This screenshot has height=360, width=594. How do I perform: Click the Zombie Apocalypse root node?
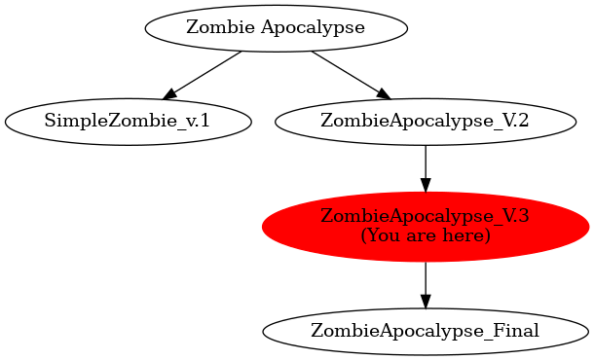tap(276, 27)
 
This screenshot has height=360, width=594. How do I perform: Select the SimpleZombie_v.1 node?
tap(128, 122)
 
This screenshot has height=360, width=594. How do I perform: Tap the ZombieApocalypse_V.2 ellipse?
tap(425, 122)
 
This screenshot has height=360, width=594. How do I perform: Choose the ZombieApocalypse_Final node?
tap(425, 331)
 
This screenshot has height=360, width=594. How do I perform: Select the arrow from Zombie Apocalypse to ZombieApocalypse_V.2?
tap(348, 73)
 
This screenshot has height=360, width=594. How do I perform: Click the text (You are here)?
tap(425, 235)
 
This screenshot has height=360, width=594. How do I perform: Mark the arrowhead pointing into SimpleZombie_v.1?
tap(169, 93)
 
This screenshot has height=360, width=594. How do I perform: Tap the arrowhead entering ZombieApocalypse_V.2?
tap(383, 93)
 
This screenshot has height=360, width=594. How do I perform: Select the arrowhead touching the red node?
tap(425, 184)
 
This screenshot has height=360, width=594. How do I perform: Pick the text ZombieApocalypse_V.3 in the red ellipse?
tap(425, 217)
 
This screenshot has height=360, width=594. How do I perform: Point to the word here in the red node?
tap(465, 235)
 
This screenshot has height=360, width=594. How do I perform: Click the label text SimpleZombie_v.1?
tap(128, 122)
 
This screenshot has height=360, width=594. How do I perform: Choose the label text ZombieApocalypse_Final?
tap(425, 331)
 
